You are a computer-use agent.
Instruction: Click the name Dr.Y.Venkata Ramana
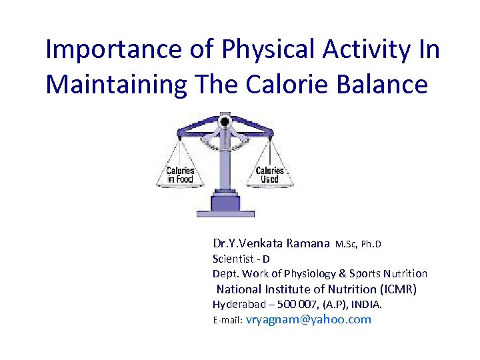[x=271, y=244]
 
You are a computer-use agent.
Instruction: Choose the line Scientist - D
[x=241, y=259]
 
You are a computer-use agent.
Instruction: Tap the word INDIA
[x=367, y=305]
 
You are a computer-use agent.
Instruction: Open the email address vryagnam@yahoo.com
[x=309, y=320]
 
